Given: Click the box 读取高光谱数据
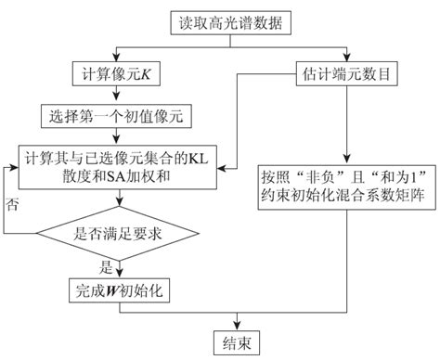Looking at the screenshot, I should point(220,19).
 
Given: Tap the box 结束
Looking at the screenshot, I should point(237,340).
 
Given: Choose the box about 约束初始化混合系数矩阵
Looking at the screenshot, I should point(345,183).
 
